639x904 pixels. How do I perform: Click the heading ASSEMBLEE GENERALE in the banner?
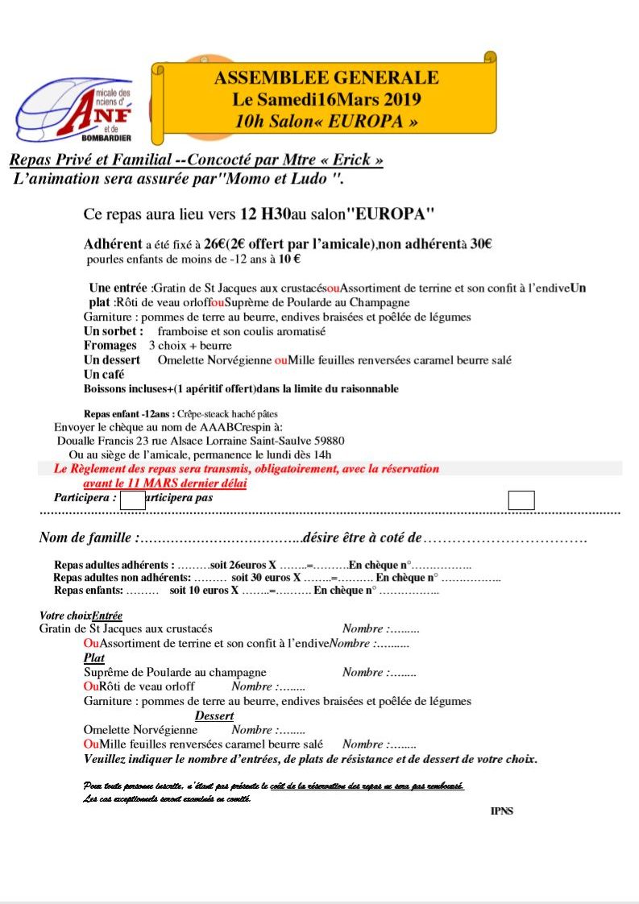pyautogui.click(x=326, y=78)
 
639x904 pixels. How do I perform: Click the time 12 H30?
pyautogui.click(x=265, y=215)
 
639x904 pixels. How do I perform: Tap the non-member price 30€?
pyautogui.click(x=480, y=244)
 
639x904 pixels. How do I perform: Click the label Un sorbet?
pyautogui.click(x=114, y=331)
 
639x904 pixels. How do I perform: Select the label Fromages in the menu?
pyautogui.click(x=110, y=346)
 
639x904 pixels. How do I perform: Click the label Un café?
pyautogui.click(x=104, y=375)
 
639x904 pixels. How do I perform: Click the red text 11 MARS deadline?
pyautogui.click(x=165, y=483)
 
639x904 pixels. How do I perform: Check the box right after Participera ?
pyautogui.click(x=132, y=500)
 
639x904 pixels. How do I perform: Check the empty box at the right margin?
pyautogui.click(x=521, y=500)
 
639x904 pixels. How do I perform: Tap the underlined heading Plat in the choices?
pyautogui.click(x=94, y=657)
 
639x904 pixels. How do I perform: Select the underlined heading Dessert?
pyautogui.click(x=214, y=715)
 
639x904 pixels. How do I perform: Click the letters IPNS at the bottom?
pyautogui.click(x=501, y=811)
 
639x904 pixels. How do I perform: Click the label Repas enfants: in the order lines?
pyautogui.click(x=89, y=591)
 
